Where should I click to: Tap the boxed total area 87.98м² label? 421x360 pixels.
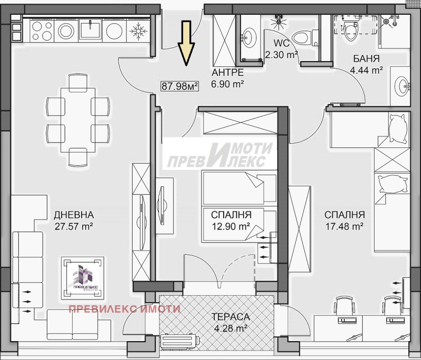click(x=180, y=86)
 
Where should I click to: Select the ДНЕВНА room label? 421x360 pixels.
click(x=74, y=215)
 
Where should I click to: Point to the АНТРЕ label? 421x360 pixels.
click(x=228, y=73)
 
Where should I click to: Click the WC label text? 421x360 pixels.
click(x=282, y=43)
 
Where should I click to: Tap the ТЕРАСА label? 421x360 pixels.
click(x=230, y=317)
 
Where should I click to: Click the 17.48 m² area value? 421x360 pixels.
click(x=345, y=226)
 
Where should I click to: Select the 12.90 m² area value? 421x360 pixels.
click(x=231, y=226)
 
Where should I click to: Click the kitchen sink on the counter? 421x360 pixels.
click(x=90, y=31)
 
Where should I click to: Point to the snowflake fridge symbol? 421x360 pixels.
click(x=138, y=31)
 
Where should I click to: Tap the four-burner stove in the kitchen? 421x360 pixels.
click(x=42, y=31)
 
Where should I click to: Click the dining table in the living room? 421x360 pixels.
click(x=78, y=120)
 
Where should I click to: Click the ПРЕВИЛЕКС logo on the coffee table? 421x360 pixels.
click(x=83, y=278)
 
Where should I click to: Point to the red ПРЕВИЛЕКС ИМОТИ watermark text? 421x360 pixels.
click(x=125, y=309)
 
